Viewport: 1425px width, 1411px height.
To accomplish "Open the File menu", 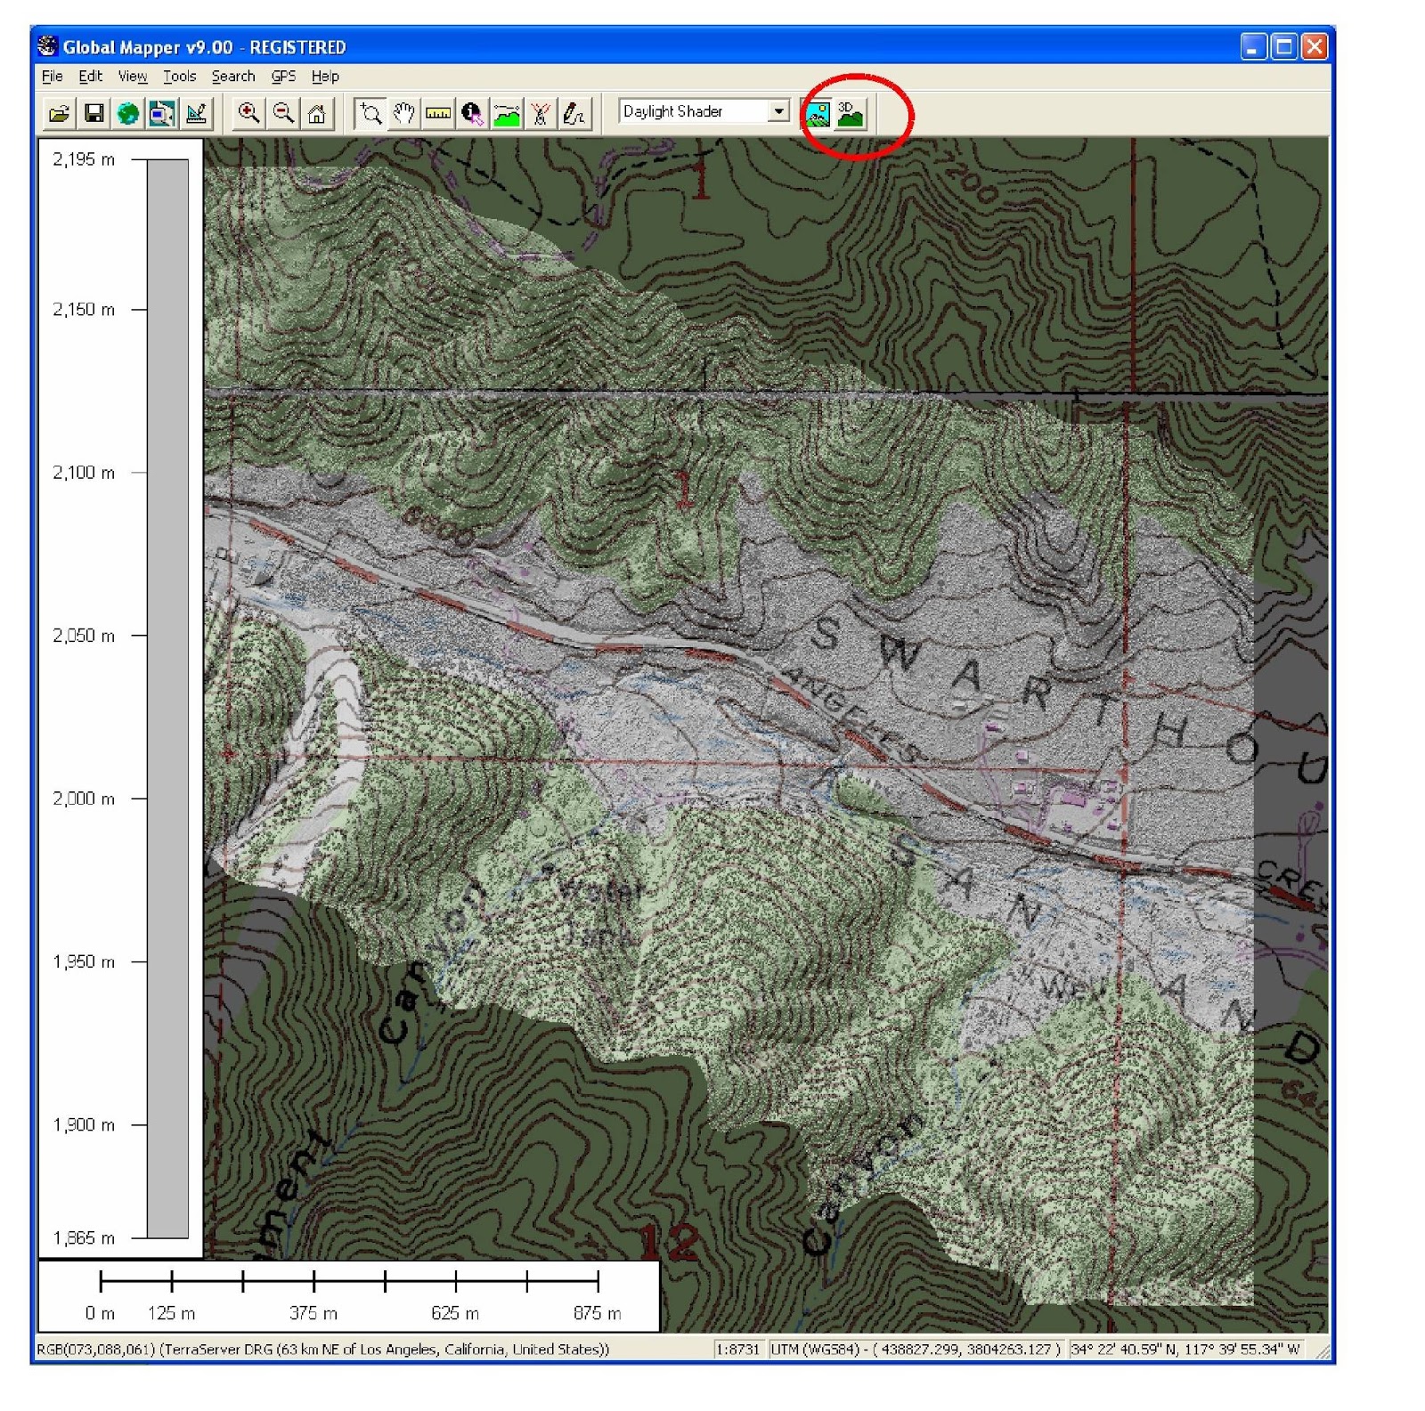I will click(x=52, y=77).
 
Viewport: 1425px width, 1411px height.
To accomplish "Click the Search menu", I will click(x=232, y=77).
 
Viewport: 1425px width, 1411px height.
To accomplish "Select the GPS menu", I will click(x=283, y=77).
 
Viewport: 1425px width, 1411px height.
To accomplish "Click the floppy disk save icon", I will click(x=94, y=113).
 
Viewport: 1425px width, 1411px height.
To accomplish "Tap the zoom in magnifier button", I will click(x=248, y=113).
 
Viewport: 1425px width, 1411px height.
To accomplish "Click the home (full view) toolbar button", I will click(x=317, y=113).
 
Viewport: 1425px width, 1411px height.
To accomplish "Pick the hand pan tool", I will click(x=404, y=113).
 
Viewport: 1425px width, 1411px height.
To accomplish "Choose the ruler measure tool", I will click(x=438, y=113).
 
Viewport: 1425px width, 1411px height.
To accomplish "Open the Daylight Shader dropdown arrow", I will click(x=778, y=111).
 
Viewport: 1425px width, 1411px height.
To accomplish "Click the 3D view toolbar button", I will click(x=851, y=114).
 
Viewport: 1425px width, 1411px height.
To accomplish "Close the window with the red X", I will click(x=1314, y=46).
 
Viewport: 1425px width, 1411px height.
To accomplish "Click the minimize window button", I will click(x=1253, y=46).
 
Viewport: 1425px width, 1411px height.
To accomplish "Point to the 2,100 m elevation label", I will click(x=84, y=473).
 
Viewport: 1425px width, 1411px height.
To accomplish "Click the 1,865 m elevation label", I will click(x=84, y=1238).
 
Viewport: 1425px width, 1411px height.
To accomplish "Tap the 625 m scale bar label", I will click(x=455, y=1313).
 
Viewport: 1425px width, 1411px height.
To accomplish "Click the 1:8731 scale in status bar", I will click(x=738, y=1350).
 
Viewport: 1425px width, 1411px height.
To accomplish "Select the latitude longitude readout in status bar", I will click(x=1185, y=1350).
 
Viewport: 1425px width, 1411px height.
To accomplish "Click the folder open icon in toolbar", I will click(x=60, y=113).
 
